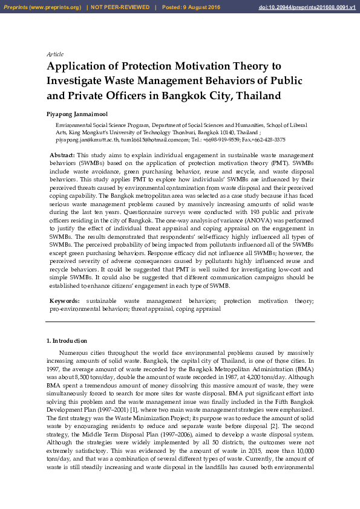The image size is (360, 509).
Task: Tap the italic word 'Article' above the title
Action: point(55,54)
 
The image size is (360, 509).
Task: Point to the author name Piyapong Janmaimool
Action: point(77,114)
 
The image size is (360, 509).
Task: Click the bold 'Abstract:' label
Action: point(62,155)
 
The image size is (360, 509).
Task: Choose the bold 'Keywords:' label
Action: point(64,300)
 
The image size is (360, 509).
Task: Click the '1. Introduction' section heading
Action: point(67,341)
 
